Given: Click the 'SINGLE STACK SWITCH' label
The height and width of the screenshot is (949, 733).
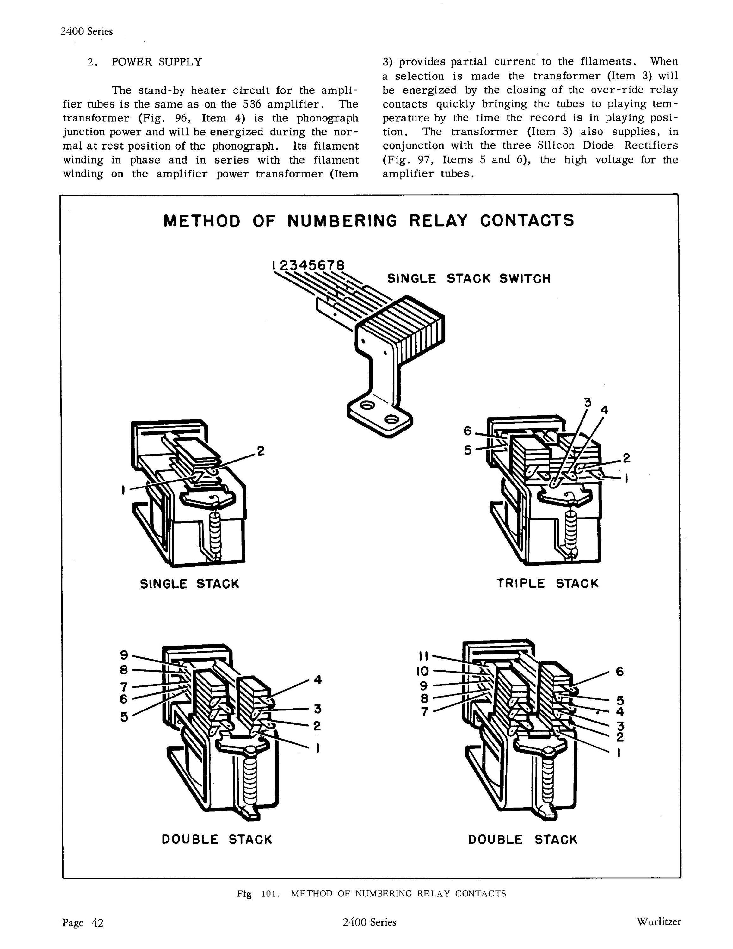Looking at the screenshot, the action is [469, 278].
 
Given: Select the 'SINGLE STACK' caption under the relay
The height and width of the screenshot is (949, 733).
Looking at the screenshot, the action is [189, 584].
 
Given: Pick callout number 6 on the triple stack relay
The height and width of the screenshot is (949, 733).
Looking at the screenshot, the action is [467, 431].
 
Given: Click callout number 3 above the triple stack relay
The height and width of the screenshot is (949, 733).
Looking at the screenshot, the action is [587, 402].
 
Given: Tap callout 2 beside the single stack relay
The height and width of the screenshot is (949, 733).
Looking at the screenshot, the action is [261, 451].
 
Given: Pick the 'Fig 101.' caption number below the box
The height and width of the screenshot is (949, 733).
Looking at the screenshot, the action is [257, 894].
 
